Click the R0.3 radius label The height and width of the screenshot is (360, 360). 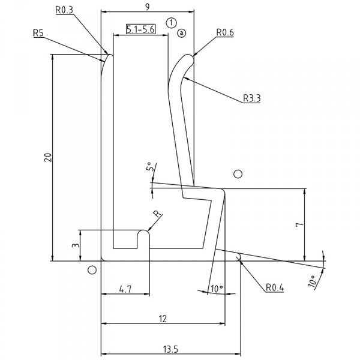[64, 10]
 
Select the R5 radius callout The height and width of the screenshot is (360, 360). [38, 34]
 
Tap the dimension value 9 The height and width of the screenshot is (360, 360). [148, 6]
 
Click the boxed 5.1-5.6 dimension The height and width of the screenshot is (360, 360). [140, 29]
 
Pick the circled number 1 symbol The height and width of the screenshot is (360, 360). [172, 23]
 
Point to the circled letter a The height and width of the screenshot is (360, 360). [182, 33]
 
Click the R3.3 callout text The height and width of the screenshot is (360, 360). [251, 98]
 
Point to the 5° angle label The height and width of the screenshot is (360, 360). [150, 169]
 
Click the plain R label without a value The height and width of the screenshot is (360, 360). [157, 214]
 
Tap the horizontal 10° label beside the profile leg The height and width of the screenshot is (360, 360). [217, 289]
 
